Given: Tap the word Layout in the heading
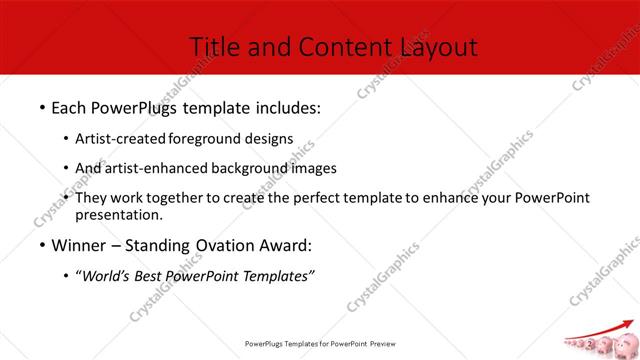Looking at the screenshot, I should point(438,46).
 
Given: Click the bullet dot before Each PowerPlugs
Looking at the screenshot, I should point(41,106).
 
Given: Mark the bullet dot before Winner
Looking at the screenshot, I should point(41,245).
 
